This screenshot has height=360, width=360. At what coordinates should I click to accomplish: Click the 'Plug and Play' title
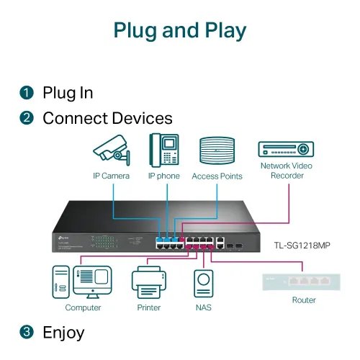click(x=180, y=31)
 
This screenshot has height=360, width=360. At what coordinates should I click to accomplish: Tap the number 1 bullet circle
click(x=27, y=93)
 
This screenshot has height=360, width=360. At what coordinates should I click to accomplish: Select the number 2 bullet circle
click(x=27, y=118)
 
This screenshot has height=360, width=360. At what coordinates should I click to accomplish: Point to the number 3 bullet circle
click(x=27, y=332)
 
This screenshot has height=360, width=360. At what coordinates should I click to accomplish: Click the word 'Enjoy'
click(x=63, y=332)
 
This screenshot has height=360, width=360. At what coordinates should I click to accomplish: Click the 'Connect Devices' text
click(x=107, y=118)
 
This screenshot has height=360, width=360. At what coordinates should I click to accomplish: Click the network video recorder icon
click(x=287, y=149)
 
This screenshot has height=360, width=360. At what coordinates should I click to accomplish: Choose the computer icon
click(x=82, y=283)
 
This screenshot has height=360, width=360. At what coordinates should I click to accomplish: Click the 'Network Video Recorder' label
click(x=287, y=171)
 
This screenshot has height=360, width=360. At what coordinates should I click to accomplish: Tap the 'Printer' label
click(x=148, y=308)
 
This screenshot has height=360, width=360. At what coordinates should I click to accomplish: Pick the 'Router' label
click(x=305, y=300)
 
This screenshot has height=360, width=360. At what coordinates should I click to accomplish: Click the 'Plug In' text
click(x=68, y=93)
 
